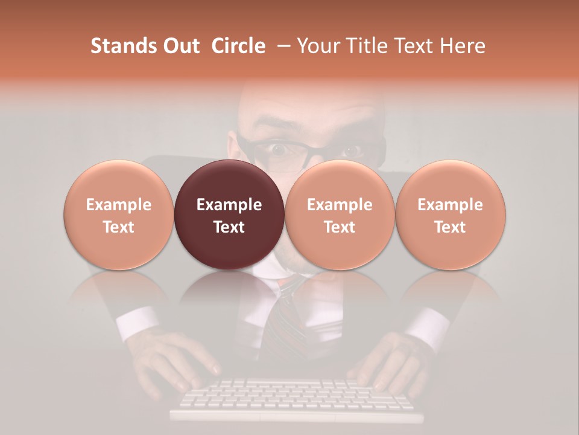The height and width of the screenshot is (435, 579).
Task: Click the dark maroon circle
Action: point(229,214)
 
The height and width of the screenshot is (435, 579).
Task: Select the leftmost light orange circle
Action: point(119,214)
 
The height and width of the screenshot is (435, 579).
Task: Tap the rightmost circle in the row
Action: point(450,214)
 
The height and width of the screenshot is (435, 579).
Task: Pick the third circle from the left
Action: point(340,214)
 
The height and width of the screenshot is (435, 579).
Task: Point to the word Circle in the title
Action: point(238,46)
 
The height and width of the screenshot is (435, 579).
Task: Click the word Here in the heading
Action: point(463,46)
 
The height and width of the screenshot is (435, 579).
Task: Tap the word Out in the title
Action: point(182,46)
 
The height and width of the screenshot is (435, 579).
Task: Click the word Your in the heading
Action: point(318,46)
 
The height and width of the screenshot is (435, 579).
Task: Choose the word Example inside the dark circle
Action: point(229,205)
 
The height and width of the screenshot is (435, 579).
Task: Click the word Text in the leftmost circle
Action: point(119,227)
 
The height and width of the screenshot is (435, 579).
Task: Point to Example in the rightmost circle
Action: point(450,205)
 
